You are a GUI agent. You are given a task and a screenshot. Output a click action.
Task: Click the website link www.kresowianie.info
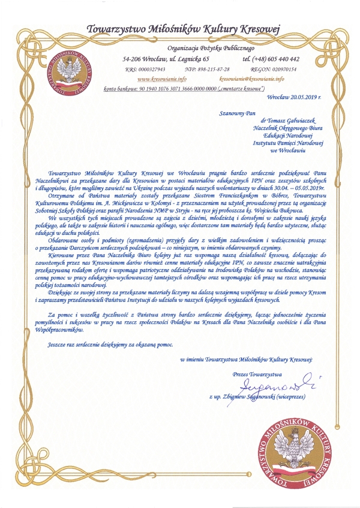tap(158, 79)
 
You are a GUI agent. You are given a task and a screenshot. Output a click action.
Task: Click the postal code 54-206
tap(133, 59)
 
